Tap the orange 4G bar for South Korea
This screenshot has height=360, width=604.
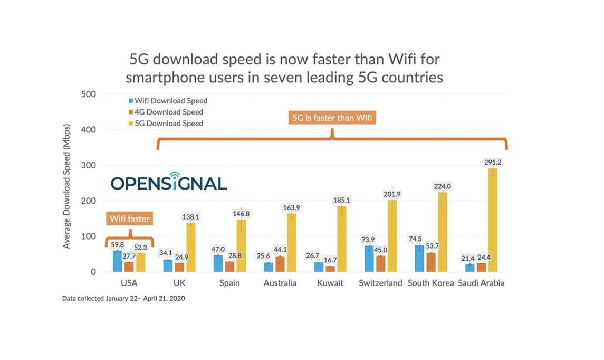pyautogui.click(x=430, y=262)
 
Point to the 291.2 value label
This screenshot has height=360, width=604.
pyautogui.click(x=492, y=163)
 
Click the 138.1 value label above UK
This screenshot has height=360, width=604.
pyautogui.click(x=190, y=216)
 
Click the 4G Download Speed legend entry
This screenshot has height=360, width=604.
pyautogui.click(x=169, y=112)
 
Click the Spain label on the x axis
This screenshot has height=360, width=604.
pyautogui.click(x=229, y=283)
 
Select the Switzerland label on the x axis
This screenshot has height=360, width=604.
pyautogui.click(x=380, y=283)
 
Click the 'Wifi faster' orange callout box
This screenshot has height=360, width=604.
pyautogui.click(x=130, y=219)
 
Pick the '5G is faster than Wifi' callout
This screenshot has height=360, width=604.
pyautogui.click(x=332, y=118)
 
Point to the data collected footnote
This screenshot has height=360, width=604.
pyautogui.click(x=123, y=299)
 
